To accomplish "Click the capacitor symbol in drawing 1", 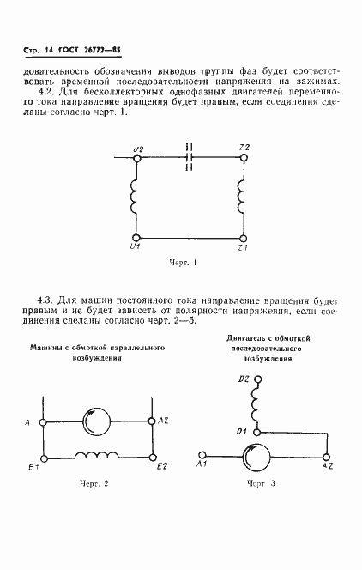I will [x=190, y=158].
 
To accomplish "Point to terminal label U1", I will [x=135, y=247].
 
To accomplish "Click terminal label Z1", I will [x=243, y=247].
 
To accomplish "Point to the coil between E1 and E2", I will [x=95, y=455].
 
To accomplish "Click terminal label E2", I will [x=163, y=466].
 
